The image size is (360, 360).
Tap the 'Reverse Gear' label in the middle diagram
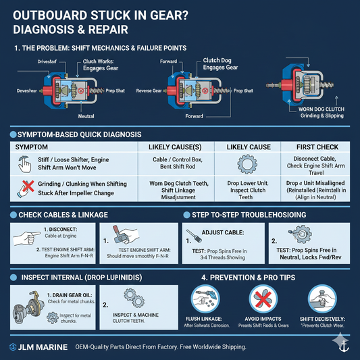(x=149, y=91)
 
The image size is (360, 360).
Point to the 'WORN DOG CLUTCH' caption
(x=318, y=108)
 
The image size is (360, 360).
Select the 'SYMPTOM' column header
(x=31, y=147)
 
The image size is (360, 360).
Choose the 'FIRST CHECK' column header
(x=319, y=147)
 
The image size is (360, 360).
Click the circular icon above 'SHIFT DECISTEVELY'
(x=321, y=298)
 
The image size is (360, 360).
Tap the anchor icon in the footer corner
(x=344, y=346)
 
